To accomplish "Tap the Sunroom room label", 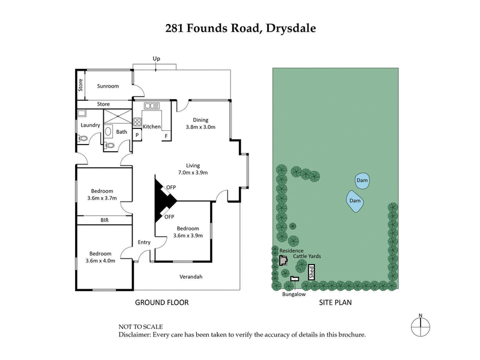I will [108, 86].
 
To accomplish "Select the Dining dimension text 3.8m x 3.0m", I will [200, 127].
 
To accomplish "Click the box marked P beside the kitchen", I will [137, 136].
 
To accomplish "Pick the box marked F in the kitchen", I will [166, 136].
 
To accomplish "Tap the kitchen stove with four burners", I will [137, 119].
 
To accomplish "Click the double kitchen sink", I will [150, 107].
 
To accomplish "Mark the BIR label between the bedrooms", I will [104, 220].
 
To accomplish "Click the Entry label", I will [144, 242].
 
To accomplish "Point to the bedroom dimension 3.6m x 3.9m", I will [188, 236].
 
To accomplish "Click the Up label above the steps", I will [157, 59].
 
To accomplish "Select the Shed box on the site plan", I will [311, 273].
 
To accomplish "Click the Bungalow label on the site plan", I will [294, 295].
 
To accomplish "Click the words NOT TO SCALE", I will [142, 326].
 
